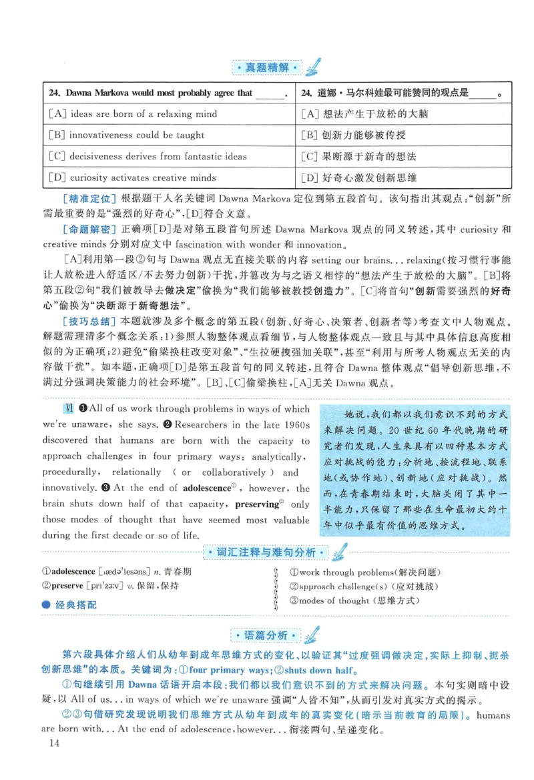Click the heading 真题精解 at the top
coord(266,68)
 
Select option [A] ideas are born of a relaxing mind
coord(133,114)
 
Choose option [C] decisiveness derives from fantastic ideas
coord(148,157)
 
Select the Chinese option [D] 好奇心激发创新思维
coord(359,178)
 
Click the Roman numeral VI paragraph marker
coord(67,408)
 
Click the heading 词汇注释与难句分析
coord(266,552)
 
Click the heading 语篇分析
coord(266,635)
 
